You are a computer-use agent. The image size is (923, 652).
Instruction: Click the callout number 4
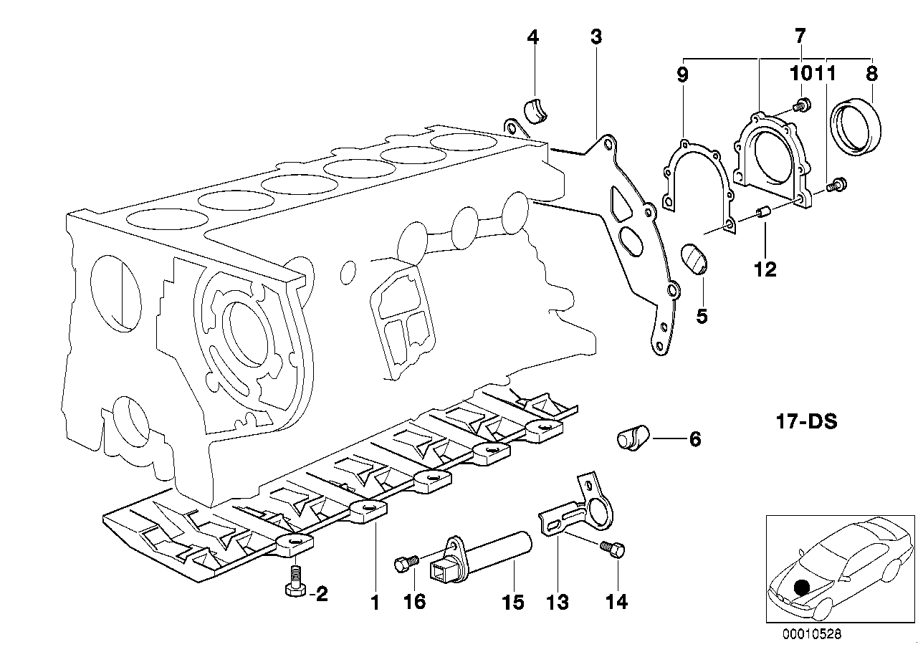pyautogui.click(x=532, y=37)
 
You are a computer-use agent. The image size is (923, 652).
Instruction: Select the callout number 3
pyautogui.click(x=596, y=37)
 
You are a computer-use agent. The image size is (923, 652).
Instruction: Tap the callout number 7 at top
pyautogui.click(x=800, y=34)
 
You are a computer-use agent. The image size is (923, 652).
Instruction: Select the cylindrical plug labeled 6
pyautogui.click(x=633, y=437)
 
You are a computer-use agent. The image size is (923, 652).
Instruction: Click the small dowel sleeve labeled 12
pyautogui.click(x=763, y=214)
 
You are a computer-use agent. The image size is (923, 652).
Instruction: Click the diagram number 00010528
pyautogui.click(x=813, y=633)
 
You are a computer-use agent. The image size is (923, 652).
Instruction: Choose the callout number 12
pyautogui.click(x=765, y=269)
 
